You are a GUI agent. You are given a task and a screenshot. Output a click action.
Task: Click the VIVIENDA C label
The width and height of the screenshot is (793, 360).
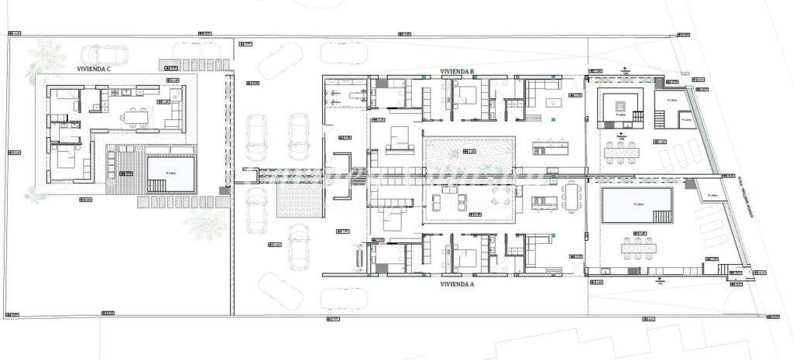[x=94, y=69]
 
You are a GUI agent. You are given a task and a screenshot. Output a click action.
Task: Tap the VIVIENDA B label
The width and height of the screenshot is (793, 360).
[x=457, y=71]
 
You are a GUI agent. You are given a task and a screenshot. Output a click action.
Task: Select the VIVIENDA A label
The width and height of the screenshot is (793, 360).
[x=457, y=284]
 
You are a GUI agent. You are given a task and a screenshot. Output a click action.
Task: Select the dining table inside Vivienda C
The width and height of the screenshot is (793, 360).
[x=138, y=118]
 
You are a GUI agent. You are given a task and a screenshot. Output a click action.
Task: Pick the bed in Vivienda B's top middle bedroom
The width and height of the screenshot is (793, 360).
[x=465, y=98]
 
